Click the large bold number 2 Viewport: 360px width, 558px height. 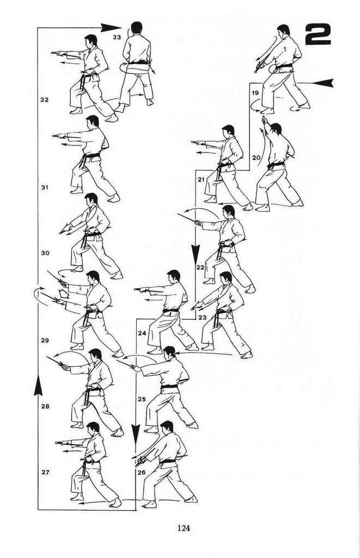[318, 35]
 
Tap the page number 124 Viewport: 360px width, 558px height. [184, 527]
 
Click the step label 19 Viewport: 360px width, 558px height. [255, 93]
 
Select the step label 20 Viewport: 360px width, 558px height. [257, 157]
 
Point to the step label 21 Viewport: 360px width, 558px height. [202, 180]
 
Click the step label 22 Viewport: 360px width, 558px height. [200, 267]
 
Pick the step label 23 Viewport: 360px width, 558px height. [203, 317]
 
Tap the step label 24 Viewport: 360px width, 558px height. [142, 333]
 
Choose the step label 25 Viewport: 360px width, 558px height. [142, 399]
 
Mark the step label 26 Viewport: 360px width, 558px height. [142, 472]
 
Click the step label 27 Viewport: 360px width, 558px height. [45, 472]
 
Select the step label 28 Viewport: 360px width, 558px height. [45, 406]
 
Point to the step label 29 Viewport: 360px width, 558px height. [45, 340]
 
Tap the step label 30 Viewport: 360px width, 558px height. [45, 253]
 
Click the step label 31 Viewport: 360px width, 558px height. [45, 187]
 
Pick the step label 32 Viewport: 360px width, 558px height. [44, 100]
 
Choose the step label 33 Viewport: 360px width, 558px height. [117, 37]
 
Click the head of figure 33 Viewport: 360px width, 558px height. [136, 28]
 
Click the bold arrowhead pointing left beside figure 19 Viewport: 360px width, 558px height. [324, 83]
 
